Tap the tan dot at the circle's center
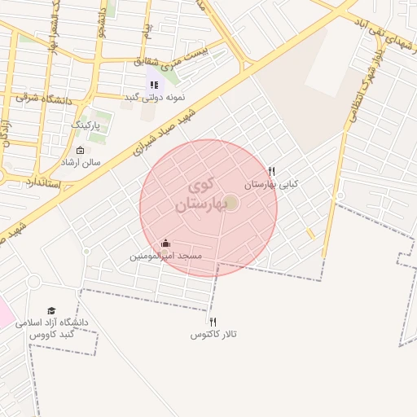click(x=231, y=202)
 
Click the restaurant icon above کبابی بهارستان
click(x=271, y=172)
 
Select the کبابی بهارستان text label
click(x=271, y=185)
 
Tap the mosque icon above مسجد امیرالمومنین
click(x=166, y=243)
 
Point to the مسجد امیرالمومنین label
click(x=166, y=256)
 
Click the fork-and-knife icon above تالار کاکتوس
click(x=213, y=322)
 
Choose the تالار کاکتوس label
click(x=213, y=335)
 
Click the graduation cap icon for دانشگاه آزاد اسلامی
click(x=51, y=310)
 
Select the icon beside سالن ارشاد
click(x=79, y=150)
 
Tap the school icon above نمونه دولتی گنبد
click(x=154, y=84)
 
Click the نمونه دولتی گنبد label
click(x=154, y=97)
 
